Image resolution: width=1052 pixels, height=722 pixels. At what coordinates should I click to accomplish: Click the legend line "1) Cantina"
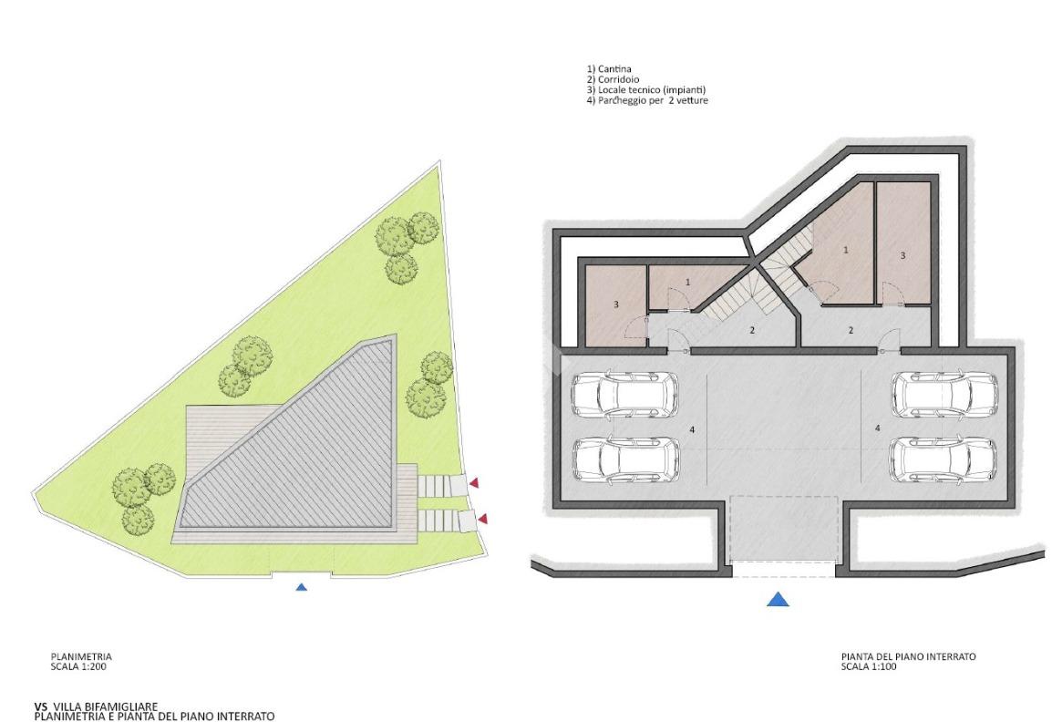coord(609,69)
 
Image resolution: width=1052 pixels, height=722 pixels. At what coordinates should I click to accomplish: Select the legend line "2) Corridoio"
coord(614,79)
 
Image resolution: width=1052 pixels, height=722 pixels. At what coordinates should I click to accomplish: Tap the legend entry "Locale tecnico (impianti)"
coord(652,90)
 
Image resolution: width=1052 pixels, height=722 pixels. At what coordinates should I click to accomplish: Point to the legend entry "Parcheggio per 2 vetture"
coord(653,100)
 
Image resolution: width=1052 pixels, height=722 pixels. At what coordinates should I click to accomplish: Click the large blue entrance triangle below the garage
coord(779,599)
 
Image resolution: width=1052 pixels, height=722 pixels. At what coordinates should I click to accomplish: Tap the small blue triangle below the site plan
coord(301,587)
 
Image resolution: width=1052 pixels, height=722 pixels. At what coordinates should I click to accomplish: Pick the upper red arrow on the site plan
coord(474,482)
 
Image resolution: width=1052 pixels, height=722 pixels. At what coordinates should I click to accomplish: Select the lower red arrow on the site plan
coord(482,519)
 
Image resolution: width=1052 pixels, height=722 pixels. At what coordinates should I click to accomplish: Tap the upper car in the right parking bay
coord(944,393)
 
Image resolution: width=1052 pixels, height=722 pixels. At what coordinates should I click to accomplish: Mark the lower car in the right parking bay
coord(944,459)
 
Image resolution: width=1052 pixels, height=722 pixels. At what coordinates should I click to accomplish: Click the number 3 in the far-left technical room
coord(616,304)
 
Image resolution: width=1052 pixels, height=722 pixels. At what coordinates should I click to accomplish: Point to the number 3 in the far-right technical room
coord(903,255)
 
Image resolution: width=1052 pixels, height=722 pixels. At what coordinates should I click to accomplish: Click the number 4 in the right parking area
coord(878,427)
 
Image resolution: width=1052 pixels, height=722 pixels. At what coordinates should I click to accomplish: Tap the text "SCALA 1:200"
coord(78,667)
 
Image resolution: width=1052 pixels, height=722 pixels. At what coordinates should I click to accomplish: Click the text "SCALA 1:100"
coord(869,667)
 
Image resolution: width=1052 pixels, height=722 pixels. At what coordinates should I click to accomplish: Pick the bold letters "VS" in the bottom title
coord(41,707)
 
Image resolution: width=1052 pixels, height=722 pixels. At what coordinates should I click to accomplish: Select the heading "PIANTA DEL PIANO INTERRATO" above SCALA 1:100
coord(909,657)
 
